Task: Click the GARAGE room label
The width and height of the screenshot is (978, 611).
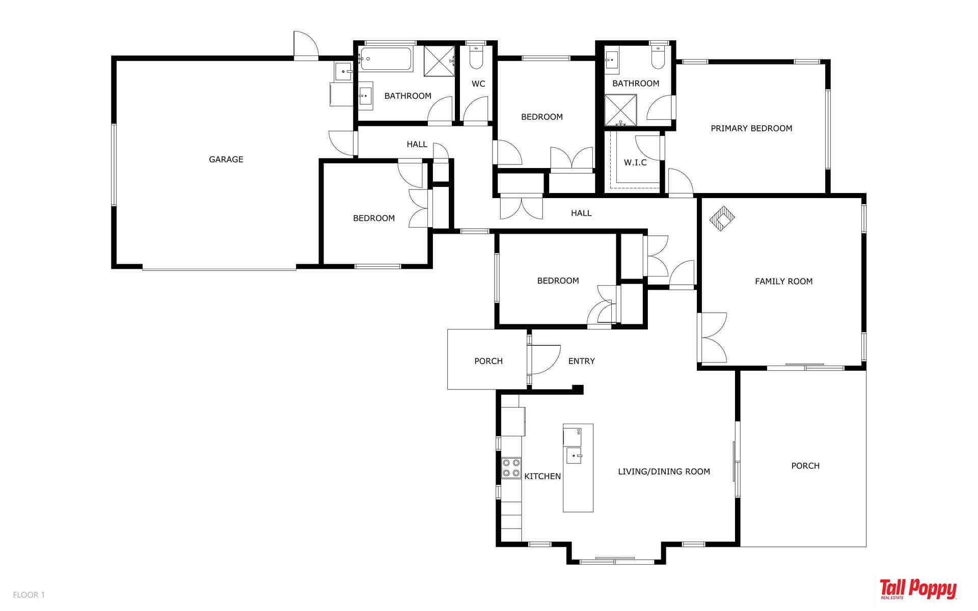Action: click(226, 159)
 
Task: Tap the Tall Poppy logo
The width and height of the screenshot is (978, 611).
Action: click(918, 589)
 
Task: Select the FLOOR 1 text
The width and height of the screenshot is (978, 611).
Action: click(29, 595)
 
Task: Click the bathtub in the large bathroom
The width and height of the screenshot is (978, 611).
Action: click(385, 60)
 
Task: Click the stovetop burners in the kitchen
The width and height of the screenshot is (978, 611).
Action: click(511, 468)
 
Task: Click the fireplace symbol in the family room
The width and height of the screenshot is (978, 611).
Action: click(722, 218)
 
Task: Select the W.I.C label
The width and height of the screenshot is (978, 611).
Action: click(635, 162)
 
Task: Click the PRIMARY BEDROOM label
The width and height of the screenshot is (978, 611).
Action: click(751, 128)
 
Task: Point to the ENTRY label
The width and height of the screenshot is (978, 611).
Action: click(581, 361)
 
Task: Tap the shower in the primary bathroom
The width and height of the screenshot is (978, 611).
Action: click(620, 110)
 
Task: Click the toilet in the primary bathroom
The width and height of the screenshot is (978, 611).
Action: click(658, 57)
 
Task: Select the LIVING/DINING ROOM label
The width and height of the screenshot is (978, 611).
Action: click(664, 471)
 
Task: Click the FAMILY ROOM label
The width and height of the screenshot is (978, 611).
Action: click(783, 281)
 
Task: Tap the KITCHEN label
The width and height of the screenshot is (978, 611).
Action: click(542, 476)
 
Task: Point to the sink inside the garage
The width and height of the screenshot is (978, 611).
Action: click(343, 71)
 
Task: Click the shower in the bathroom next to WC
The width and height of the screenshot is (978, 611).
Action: click(439, 61)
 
